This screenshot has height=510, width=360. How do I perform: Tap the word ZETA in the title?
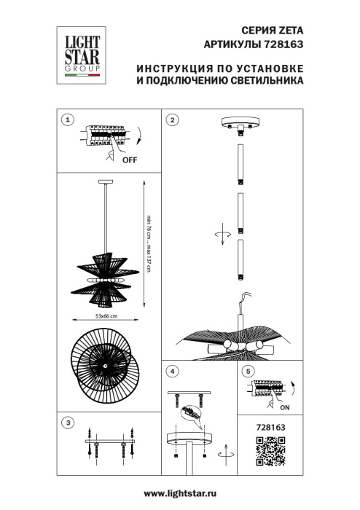(289, 31)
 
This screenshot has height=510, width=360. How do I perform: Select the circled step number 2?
(172, 119)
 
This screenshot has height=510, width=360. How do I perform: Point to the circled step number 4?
(172, 372)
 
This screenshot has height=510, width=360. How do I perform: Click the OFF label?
(129, 159)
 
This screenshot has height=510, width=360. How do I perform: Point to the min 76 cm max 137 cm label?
(147, 244)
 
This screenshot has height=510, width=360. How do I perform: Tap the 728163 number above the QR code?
(268, 428)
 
